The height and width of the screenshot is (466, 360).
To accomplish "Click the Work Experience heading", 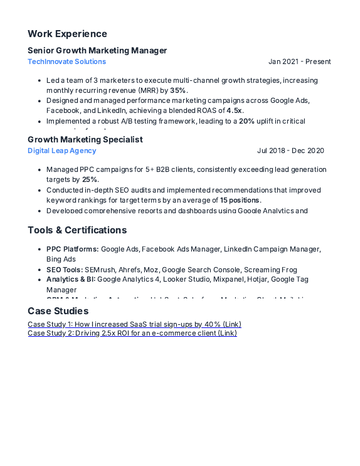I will pyautogui.click(x=67, y=34).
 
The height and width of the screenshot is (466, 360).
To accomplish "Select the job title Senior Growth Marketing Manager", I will pyautogui.click(x=97, y=50).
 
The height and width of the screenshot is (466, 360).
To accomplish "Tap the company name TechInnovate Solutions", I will pyautogui.click(x=66, y=61).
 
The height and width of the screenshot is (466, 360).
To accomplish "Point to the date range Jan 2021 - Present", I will pyautogui.click(x=299, y=61).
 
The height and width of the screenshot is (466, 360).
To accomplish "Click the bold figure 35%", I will pyautogui.click(x=178, y=90).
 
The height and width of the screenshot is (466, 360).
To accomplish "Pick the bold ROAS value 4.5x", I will pyautogui.click(x=235, y=110).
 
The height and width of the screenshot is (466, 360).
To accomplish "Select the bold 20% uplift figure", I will pyautogui.click(x=246, y=121).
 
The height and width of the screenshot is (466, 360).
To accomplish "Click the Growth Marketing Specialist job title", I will pyautogui.click(x=85, y=139).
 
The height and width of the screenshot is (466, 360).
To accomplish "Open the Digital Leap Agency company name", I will pyautogui.click(x=62, y=151).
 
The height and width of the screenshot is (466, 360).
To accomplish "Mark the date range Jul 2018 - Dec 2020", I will pyautogui.click(x=290, y=151).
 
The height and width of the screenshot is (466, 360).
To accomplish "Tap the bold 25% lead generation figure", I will pyautogui.click(x=90, y=179).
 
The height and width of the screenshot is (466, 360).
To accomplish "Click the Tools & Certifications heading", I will pyautogui.click(x=77, y=230).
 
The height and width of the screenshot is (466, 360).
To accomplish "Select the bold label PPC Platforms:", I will pyautogui.click(x=72, y=249).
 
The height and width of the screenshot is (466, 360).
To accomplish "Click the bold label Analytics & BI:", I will pyautogui.click(x=71, y=279).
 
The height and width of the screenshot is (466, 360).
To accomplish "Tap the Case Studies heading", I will pyautogui.click(x=58, y=311).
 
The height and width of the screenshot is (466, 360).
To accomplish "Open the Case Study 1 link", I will pyautogui.click(x=134, y=324).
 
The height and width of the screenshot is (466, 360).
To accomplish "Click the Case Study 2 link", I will pyautogui.click(x=132, y=333).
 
